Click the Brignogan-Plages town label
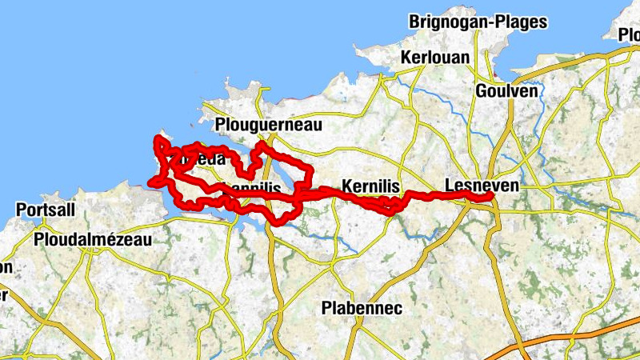coord(478,22)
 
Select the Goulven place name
coord(506,90)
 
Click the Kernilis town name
coord(370,186)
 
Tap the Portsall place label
coord(46,210)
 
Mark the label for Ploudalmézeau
coord(93,238)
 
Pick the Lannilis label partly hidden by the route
coord(254,187)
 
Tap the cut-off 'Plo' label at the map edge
coord(630,34)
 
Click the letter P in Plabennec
coord(326,308)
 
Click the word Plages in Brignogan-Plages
coord(519,22)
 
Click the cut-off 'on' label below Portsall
coord(6,267)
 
